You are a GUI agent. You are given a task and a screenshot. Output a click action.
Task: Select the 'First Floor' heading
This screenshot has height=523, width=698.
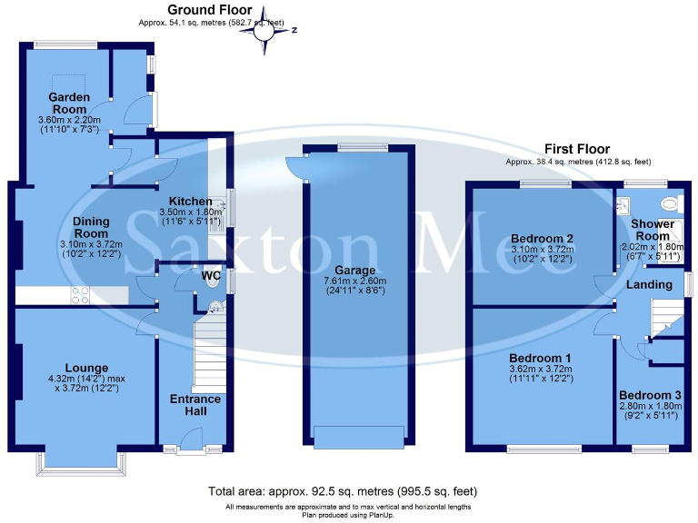point(577,149)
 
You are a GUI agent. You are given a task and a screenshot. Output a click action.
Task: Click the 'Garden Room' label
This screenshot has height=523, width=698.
point(68,103)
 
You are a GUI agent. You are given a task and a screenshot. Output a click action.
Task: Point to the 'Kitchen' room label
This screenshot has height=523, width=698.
point(189,202)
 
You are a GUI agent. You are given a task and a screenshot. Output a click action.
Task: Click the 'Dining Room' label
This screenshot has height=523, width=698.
point(92,227)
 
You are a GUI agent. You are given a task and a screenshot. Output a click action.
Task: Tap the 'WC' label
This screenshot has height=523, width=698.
point(211,274)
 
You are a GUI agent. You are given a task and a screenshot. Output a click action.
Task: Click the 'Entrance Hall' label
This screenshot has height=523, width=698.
point(195,405)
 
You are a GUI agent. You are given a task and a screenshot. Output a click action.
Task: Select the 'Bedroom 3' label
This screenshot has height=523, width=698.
point(650,396)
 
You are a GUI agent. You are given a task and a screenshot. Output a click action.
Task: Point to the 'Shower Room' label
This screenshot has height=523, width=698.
point(653,230)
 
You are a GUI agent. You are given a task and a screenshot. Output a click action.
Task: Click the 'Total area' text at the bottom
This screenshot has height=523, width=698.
point(348,490)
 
